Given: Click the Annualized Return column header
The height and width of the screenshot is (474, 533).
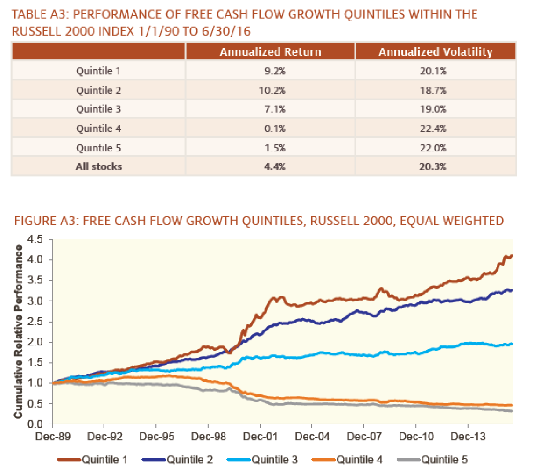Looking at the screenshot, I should pos(270,52).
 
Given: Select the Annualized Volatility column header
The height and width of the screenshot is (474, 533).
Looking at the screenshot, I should pos(435,52).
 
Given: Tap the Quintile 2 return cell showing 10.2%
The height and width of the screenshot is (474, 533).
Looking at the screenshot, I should pos(275,90).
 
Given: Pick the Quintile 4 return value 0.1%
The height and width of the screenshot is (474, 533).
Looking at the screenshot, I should pos(275,129).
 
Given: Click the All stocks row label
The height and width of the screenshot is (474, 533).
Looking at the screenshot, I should pos(99,166).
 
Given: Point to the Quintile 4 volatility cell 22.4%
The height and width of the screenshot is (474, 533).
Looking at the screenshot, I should pos(433,129).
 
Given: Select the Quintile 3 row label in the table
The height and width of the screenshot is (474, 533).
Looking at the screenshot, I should pos(99,110).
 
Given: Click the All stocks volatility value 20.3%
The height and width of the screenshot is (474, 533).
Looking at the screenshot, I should pos(433,166).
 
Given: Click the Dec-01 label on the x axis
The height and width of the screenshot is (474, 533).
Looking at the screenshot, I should pos(260,436).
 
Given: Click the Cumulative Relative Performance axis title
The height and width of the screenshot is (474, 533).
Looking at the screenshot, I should pos(19,332).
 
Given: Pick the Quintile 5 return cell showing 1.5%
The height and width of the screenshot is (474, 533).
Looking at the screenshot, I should pos(275,148).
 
